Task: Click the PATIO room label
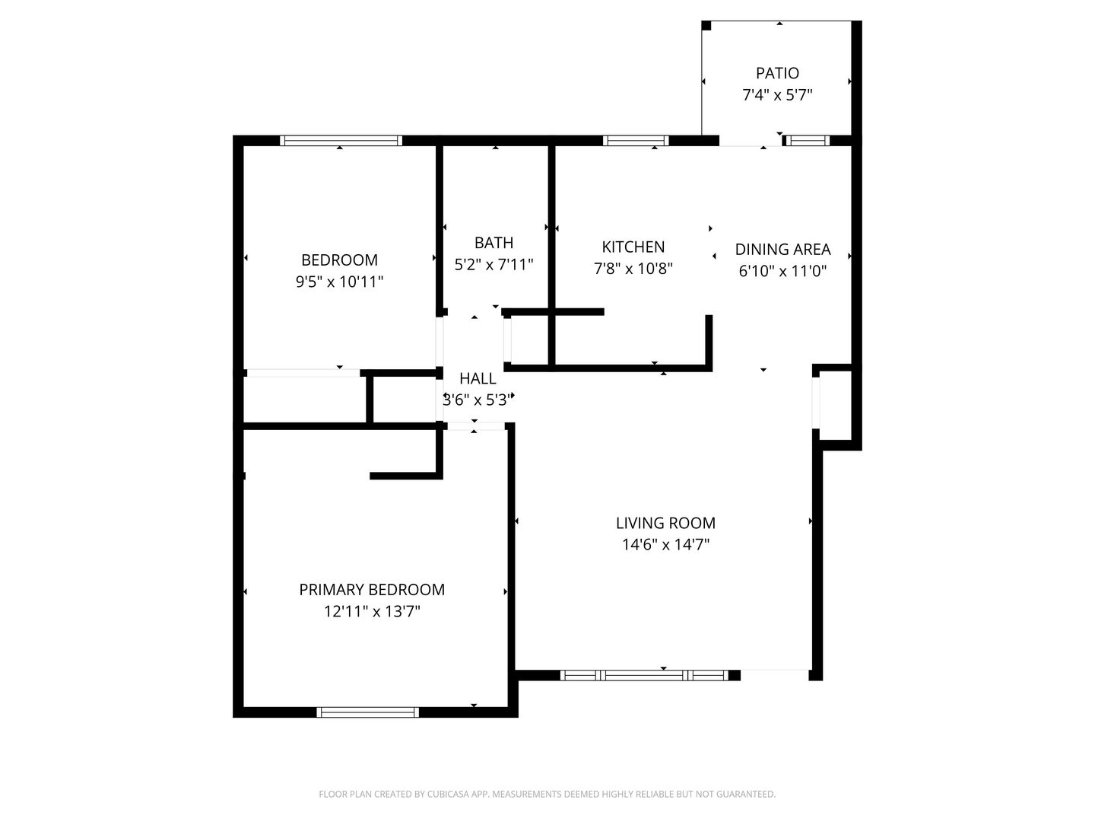(x=776, y=73)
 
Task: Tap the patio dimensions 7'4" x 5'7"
(x=777, y=95)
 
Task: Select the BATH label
(x=494, y=243)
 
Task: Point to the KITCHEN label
(x=633, y=247)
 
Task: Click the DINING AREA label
(x=782, y=250)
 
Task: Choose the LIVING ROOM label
(x=665, y=523)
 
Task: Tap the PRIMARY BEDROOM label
(x=372, y=589)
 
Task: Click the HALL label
(x=478, y=379)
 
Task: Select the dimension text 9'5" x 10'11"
(x=339, y=282)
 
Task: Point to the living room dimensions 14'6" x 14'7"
(x=665, y=544)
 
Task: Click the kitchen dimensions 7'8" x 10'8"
(x=633, y=269)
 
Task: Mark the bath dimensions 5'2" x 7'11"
(x=494, y=265)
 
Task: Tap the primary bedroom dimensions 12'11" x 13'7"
(x=372, y=611)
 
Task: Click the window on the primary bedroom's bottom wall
(x=367, y=712)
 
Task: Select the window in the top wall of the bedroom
(x=341, y=141)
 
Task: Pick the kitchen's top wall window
(x=636, y=141)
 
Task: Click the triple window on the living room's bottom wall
(x=644, y=675)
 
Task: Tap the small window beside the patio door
(x=806, y=141)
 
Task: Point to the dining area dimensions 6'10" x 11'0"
(x=782, y=271)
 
